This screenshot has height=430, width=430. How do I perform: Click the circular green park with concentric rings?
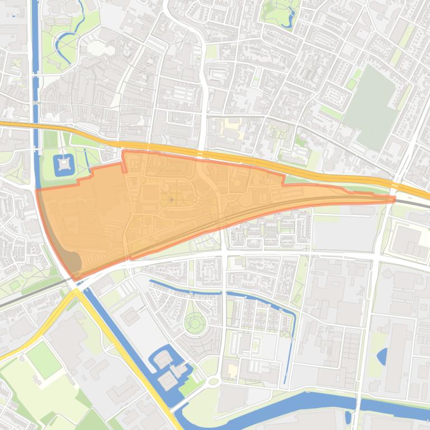(x=195, y=322)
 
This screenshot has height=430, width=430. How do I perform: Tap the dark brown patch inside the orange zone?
(x=70, y=261)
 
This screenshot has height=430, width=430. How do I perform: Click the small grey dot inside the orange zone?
(x=171, y=199)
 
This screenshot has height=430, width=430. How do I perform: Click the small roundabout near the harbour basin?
(x=213, y=382)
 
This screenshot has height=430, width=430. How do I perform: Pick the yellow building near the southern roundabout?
(x=232, y=370)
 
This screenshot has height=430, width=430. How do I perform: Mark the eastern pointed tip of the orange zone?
(x=395, y=198)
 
